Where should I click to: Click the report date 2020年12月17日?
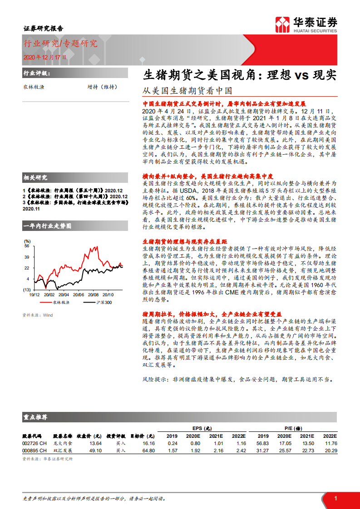(x=44, y=57)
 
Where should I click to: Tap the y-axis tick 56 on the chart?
(x=27, y=246)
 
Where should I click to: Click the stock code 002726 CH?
(x=35, y=443)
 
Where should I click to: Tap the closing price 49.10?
(x=95, y=450)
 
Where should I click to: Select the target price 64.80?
(x=148, y=450)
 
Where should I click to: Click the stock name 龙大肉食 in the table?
(x=62, y=443)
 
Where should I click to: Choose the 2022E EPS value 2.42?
(x=241, y=450)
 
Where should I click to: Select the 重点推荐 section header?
(x=35, y=416)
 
